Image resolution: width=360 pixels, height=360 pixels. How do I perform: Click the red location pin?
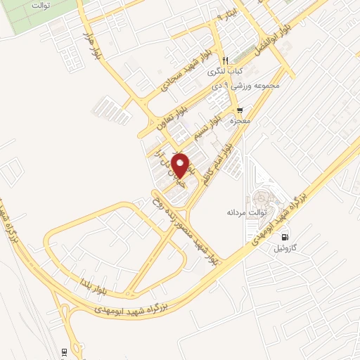[x=181, y=165]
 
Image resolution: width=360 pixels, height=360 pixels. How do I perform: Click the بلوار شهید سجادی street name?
[x=166, y=71]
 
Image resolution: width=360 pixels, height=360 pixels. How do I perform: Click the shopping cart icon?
[x=241, y=110]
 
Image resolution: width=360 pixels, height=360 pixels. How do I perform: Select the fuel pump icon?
[x=285, y=237]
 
